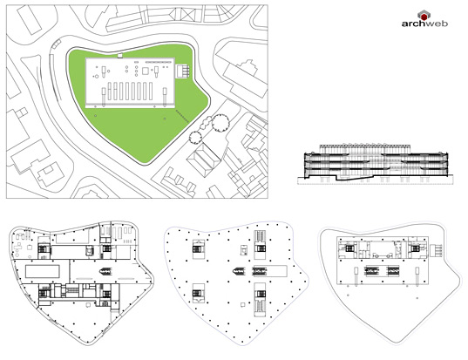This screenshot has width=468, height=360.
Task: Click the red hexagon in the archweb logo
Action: pos(424,16)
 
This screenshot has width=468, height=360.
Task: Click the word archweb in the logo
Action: pos(424,24)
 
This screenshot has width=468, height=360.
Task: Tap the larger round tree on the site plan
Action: pos(220,123)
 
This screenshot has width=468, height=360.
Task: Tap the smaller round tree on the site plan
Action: pos(195,138)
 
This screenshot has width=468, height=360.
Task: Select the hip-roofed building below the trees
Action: pos(204,160)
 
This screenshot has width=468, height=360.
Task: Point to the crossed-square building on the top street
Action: pos(188,14)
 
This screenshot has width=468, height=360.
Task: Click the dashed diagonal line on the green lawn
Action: pos(182,116)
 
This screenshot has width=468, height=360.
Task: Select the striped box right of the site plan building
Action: pos(183,71)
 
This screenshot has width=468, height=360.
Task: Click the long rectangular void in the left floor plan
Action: pos(43,272)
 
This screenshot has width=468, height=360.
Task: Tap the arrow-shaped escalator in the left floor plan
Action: pos(106,271)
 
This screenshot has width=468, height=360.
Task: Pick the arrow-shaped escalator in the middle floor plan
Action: pos(240,271)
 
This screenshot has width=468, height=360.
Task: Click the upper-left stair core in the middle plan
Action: pos(197,249)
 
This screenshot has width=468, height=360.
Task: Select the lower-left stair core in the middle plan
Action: pos(197,293)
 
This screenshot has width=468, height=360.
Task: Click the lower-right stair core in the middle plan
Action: pos(260,299)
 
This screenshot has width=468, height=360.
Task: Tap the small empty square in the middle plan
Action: pos(243,305)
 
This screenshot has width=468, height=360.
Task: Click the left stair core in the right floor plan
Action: pos(349,248)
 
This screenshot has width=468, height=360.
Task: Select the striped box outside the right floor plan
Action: pos(436,250)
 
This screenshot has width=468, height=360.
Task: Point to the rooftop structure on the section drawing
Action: pos(365,149)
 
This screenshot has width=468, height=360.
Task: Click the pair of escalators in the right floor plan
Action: pos(382,271)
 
